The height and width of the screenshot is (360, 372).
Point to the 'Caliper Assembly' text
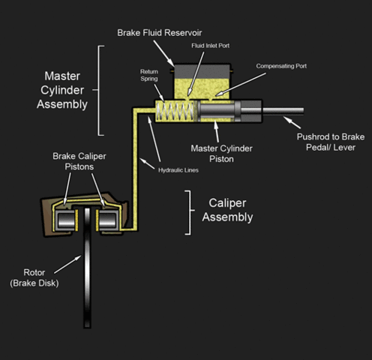tap(227, 211)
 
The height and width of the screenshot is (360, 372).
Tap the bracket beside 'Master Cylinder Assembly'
tap(101, 90)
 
